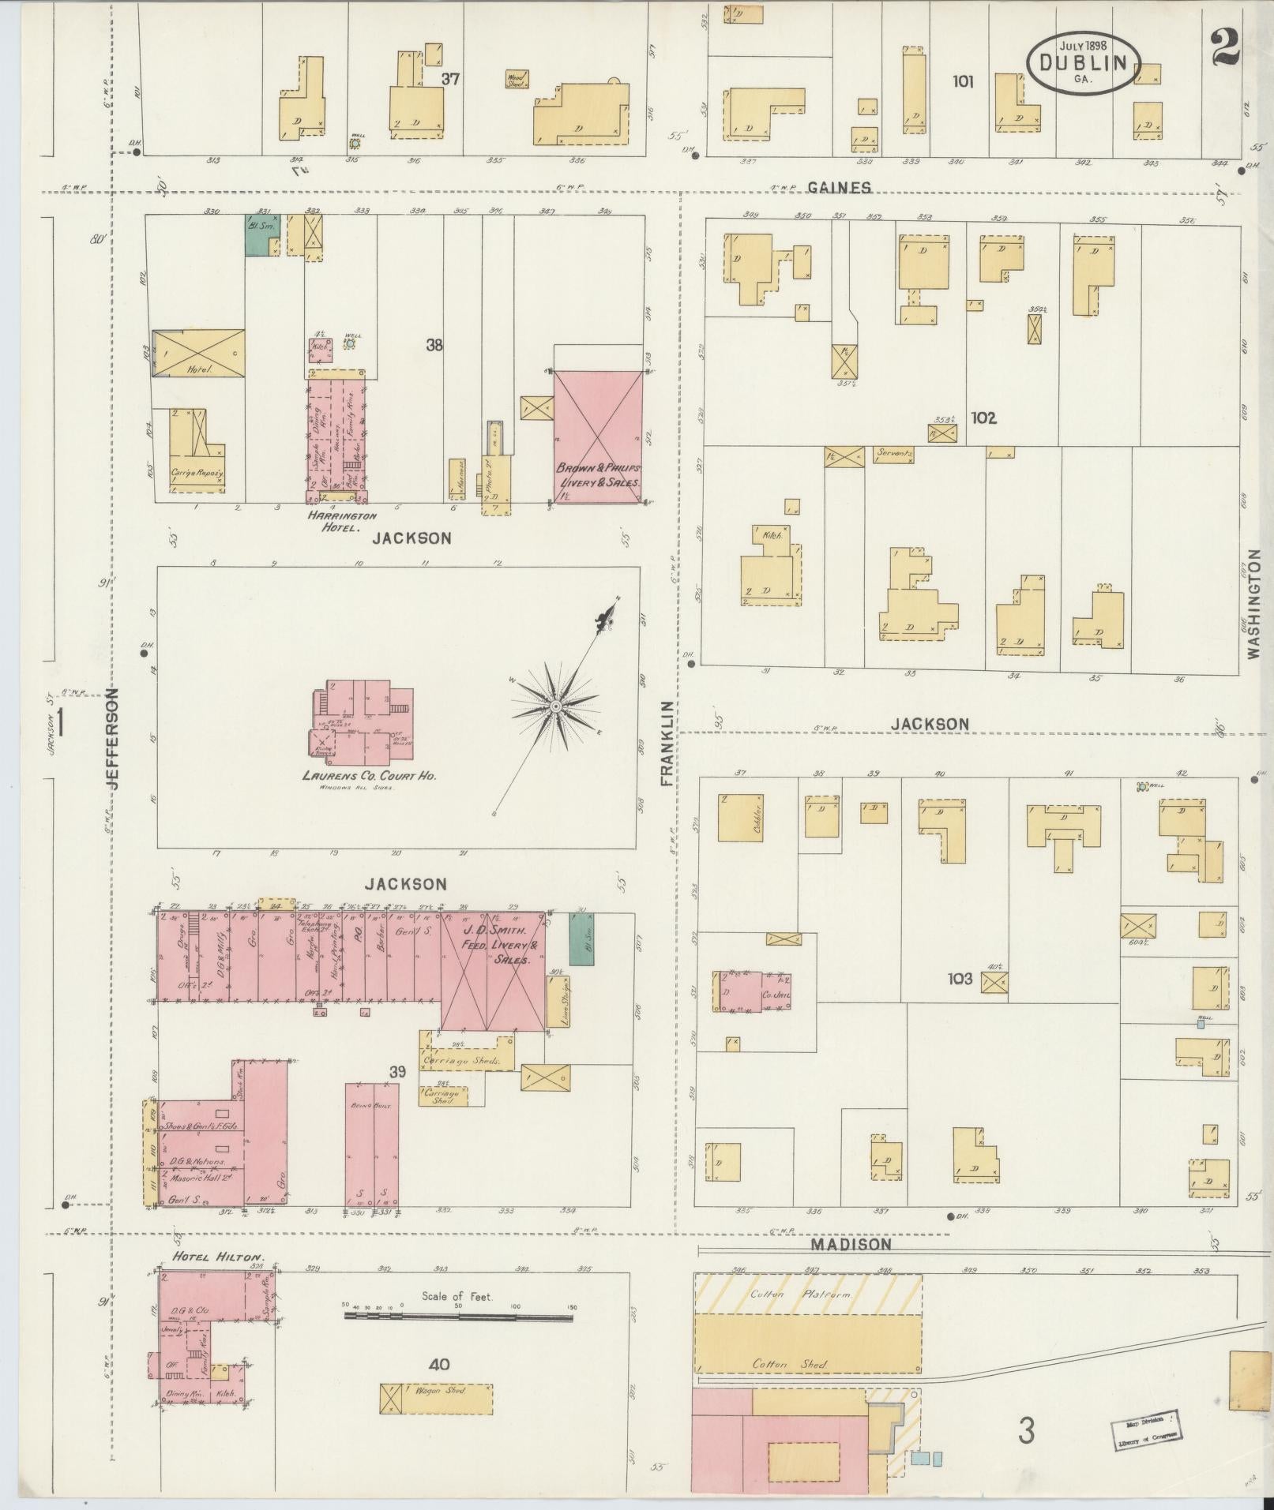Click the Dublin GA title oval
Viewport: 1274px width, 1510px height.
(x=1084, y=62)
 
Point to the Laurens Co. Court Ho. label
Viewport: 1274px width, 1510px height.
(x=369, y=775)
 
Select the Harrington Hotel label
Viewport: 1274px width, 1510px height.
(x=333, y=520)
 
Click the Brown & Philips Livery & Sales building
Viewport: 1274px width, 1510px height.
(x=599, y=434)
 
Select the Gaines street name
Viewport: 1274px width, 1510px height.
(x=839, y=187)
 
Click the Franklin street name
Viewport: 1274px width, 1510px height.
(x=667, y=742)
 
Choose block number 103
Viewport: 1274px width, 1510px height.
(x=960, y=979)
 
